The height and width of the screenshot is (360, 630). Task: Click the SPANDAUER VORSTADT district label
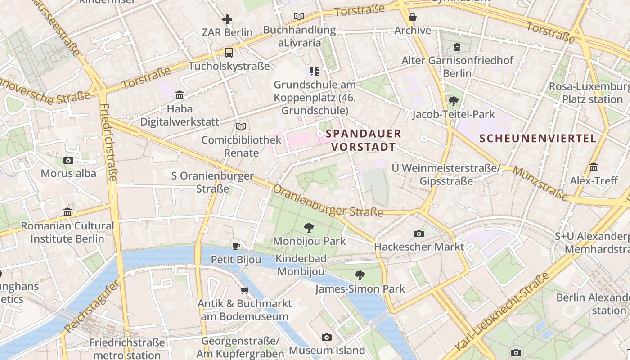[363, 140]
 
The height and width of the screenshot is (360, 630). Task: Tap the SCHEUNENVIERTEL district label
[538, 138]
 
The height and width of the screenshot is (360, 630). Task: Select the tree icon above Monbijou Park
[309, 228]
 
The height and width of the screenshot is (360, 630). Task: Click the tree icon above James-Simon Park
[360, 275]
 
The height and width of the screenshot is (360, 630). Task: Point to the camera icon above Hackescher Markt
[418, 234]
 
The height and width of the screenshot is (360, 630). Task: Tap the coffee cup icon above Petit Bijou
[236, 246]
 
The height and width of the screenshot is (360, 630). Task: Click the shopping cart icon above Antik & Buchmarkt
[244, 290]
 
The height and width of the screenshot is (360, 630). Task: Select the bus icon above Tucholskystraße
[229, 53]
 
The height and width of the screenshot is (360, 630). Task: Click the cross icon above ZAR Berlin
[227, 19]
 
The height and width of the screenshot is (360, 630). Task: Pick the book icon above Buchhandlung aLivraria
[299, 17]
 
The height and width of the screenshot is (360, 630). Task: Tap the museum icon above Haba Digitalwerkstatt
[180, 95]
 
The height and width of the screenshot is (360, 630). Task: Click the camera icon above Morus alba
[68, 160]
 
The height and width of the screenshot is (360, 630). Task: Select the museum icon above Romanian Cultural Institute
[67, 212]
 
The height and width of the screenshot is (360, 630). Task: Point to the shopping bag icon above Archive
[412, 18]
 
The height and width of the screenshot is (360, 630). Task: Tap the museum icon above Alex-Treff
[593, 167]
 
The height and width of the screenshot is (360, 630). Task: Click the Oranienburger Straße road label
[328, 201]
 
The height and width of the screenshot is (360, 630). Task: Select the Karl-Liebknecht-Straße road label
[503, 312]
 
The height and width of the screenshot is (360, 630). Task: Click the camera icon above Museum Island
[327, 337]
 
